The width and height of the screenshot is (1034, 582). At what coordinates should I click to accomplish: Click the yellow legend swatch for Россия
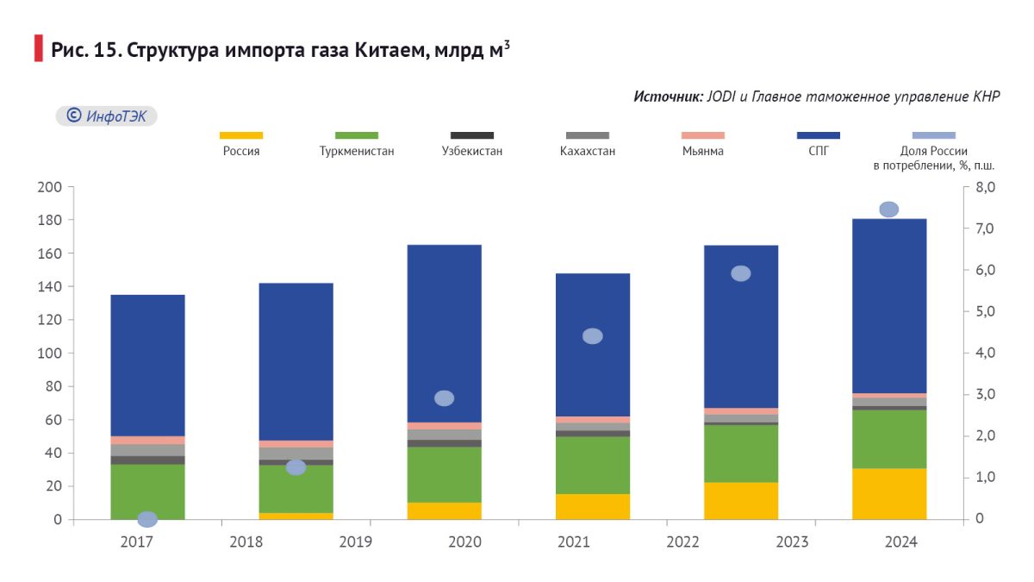(241, 135)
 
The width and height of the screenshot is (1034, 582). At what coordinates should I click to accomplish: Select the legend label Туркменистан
(357, 151)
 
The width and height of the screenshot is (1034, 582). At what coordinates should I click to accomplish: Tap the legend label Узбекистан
(471, 151)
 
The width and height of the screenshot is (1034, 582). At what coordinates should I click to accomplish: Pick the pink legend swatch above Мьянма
(702, 135)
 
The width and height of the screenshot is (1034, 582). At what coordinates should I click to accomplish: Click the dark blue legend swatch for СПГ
(818, 135)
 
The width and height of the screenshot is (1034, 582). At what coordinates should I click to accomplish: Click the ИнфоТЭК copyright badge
(107, 116)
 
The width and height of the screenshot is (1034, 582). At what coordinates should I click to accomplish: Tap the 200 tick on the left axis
(51, 187)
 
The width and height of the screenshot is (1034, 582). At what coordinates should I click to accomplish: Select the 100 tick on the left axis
(51, 354)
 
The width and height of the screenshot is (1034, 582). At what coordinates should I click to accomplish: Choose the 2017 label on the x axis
(136, 542)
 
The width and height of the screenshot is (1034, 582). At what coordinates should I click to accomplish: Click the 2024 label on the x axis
(900, 542)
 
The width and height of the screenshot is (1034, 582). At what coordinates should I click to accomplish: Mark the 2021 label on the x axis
(573, 542)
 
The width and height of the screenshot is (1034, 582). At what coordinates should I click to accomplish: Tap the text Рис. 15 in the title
(85, 50)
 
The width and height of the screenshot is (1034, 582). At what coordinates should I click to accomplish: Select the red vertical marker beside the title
(38, 49)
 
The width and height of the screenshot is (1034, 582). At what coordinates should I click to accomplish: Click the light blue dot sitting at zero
(147, 519)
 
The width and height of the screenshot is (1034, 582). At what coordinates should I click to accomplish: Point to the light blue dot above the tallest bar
(888, 210)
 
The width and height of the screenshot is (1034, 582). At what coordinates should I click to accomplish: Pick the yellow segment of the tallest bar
(889, 493)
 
